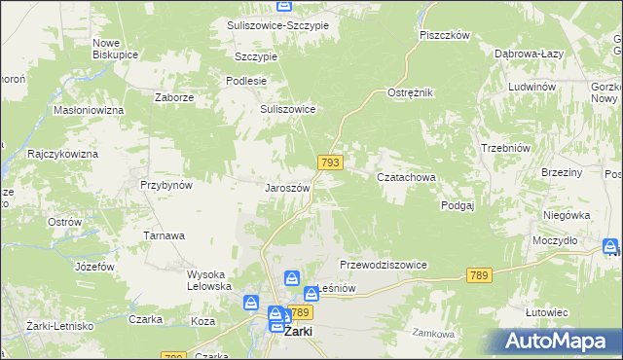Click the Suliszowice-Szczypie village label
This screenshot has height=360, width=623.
277,24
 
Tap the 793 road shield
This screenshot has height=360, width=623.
329,162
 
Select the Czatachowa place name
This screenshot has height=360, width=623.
406,178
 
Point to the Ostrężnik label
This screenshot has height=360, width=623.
410,91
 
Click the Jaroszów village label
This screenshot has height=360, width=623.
287,188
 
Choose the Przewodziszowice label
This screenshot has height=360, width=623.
384,265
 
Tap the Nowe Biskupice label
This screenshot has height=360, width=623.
114,49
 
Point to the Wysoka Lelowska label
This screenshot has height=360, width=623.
209,279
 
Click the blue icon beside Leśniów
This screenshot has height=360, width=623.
311,291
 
